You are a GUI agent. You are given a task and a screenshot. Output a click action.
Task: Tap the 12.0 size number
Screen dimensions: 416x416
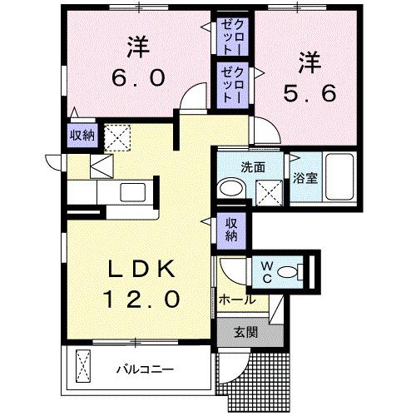click(141, 298)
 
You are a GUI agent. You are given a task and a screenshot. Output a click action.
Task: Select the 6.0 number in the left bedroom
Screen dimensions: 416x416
click(138, 77)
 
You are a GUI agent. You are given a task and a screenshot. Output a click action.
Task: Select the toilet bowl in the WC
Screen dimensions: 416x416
click(290, 270)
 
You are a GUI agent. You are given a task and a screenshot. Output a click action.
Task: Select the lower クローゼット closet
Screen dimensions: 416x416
click(230, 84)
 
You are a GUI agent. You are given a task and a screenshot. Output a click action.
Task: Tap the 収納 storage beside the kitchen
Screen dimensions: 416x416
click(81, 134)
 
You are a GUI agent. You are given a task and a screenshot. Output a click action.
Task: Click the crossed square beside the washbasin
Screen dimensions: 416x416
click(268, 191)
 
